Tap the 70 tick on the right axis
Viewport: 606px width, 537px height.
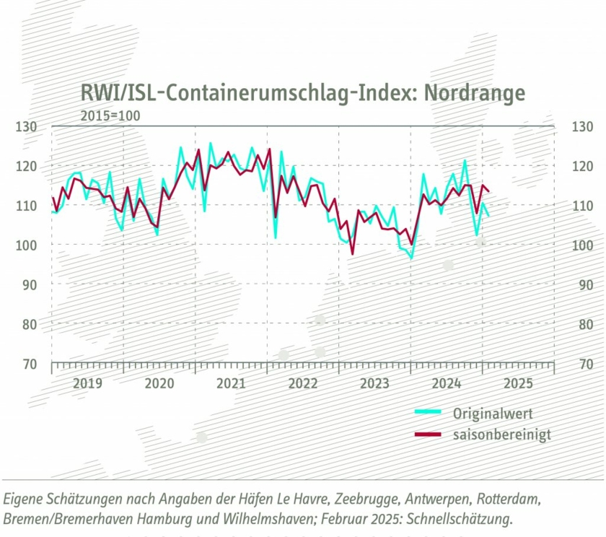pyautogui.click(x=581, y=364)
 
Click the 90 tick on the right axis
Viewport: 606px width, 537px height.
pyautogui.click(x=581, y=284)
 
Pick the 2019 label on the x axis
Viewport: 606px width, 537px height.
pyautogui.click(x=87, y=383)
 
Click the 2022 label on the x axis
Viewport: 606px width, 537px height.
pyautogui.click(x=303, y=383)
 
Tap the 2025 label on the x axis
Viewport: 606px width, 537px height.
pyautogui.click(x=518, y=383)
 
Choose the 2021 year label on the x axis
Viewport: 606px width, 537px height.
pyautogui.click(x=231, y=383)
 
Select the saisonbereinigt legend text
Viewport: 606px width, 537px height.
pyautogui.click(x=501, y=435)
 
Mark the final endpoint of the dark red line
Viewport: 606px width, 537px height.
pyautogui.click(x=489, y=191)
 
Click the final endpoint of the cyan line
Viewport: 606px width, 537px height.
pyautogui.click(x=489, y=216)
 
